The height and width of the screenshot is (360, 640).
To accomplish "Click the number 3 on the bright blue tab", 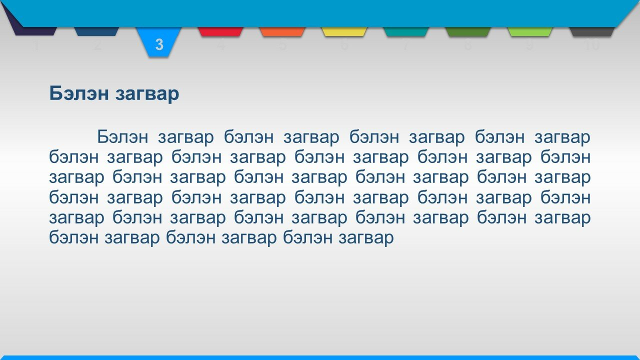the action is coord(159,44).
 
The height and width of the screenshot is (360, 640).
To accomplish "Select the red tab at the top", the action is coord(220,31).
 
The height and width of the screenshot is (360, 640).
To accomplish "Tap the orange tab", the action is coord(282,31).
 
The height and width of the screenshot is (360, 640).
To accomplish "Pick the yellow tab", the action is coord(344,31).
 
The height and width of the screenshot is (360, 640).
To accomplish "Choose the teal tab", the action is coord(405,31).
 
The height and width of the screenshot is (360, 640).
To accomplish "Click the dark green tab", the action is coord(467,31).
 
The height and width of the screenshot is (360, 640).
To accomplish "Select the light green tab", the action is coord(529,31).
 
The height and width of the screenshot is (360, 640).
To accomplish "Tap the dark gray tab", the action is coord(591,31).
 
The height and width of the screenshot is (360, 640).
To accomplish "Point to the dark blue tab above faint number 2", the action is coord(96,31).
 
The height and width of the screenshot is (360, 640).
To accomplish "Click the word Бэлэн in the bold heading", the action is coord(79,93).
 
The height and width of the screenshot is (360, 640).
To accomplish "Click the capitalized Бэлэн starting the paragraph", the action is coord(122,137).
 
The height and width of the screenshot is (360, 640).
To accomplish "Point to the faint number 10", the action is coord(591,45).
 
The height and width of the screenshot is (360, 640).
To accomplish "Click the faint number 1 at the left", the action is coord(35,45).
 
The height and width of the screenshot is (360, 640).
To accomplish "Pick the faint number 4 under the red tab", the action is coord(220,45).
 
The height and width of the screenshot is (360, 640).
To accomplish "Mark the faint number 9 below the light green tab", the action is coord(529,45).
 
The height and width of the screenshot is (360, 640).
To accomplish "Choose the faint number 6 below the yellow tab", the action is coord(344,45).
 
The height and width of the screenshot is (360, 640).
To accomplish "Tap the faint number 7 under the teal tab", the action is coord(405,45).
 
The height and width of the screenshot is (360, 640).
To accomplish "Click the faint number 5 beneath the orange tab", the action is coord(282,45).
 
